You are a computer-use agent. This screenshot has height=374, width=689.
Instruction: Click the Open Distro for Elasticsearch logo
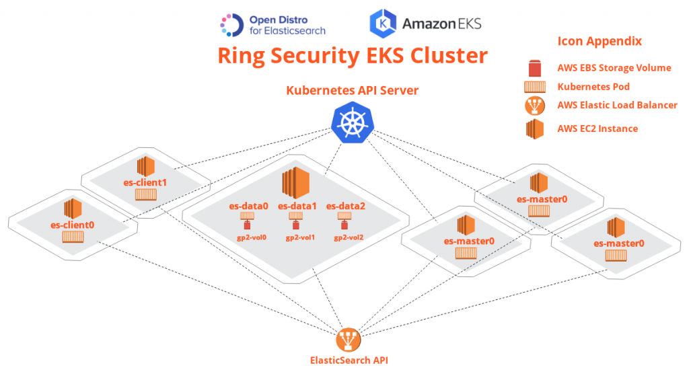(273, 25)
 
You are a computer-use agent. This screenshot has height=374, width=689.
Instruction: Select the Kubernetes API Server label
(353, 90)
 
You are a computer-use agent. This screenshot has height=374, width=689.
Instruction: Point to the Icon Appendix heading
(600, 41)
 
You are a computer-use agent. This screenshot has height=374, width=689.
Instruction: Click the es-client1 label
(145, 182)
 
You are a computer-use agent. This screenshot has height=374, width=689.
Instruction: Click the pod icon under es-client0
(73, 237)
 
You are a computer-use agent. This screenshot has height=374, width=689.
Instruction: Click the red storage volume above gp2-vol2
(345, 225)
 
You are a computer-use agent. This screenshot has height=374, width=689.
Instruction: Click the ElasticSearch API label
(349, 360)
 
